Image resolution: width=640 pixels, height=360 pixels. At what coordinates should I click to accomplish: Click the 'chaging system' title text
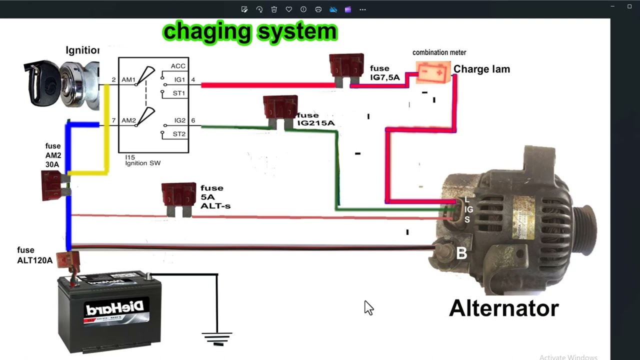250,31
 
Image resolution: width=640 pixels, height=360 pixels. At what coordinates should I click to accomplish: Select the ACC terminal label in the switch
178,66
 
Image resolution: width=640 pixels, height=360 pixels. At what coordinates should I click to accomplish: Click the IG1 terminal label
179,79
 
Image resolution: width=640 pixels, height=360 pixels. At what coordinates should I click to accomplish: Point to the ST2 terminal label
179,134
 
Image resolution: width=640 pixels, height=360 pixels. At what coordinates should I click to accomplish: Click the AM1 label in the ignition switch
128,79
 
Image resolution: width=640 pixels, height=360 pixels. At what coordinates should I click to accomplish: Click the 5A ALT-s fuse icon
178,198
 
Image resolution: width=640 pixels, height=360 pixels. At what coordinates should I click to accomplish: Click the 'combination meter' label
439,52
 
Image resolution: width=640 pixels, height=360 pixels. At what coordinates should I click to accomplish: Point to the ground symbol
217,338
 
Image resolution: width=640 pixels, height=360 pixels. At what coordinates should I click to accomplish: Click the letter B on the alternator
461,253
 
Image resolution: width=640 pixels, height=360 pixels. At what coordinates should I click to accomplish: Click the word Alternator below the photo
503,308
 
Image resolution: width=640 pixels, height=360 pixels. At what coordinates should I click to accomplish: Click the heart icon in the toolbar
288,9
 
